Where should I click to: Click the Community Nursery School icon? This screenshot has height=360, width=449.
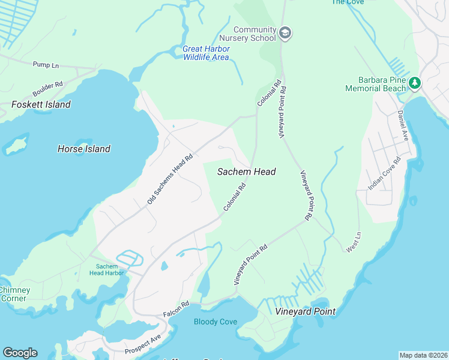click(286, 33)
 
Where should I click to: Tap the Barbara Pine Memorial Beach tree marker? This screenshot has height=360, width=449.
click(415, 82)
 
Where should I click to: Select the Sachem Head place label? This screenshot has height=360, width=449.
click(246, 172)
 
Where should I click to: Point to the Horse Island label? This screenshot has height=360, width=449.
click(84, 149)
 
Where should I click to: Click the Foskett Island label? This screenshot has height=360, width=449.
click(41, 104)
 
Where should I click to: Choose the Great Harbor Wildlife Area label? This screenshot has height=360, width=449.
click(206, 53)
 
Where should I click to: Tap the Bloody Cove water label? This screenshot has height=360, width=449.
click(215, 322)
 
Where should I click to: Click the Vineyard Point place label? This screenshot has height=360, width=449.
click(305, 311)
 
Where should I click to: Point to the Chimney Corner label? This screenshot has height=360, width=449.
click(13, 294)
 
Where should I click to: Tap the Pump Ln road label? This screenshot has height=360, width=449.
click(46, 65)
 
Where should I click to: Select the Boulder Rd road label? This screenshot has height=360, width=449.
click(48, 89)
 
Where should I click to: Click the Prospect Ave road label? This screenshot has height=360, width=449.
click(143, 344)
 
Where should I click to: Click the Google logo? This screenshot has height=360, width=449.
click(20, 353)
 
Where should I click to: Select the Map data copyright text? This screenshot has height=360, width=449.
click(423, 355)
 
